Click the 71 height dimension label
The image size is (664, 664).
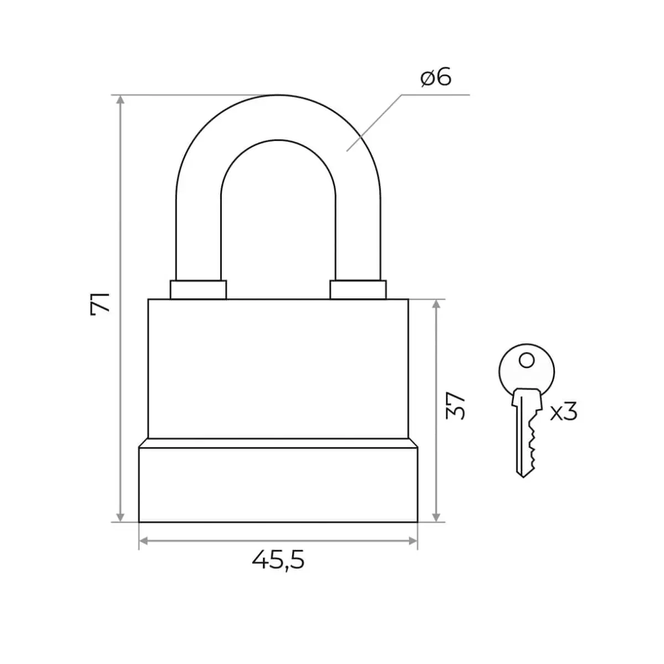tap(100, 304)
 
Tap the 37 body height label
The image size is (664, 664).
tap(455, 405)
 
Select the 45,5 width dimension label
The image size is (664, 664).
tap(278, 559)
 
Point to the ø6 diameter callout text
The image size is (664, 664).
tap(436, 78)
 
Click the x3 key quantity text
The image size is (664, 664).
tap(563, 412)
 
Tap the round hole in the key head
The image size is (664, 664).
tap(527, 361)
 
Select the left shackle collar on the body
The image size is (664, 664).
tap(198, 289)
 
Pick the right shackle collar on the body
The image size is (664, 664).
tap(358, 289)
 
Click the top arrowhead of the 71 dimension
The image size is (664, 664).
tap(120, 100)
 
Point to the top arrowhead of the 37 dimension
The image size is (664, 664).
tap(436, 304)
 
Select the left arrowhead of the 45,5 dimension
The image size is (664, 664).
tap(144, 541)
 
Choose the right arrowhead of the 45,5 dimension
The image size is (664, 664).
tap(412, 541)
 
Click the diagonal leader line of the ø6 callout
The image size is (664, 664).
tap(374, 123)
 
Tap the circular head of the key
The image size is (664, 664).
tap(527, 370)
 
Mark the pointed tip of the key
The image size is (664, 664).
tap(523, 477)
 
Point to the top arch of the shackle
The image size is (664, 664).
tap(278, 117)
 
